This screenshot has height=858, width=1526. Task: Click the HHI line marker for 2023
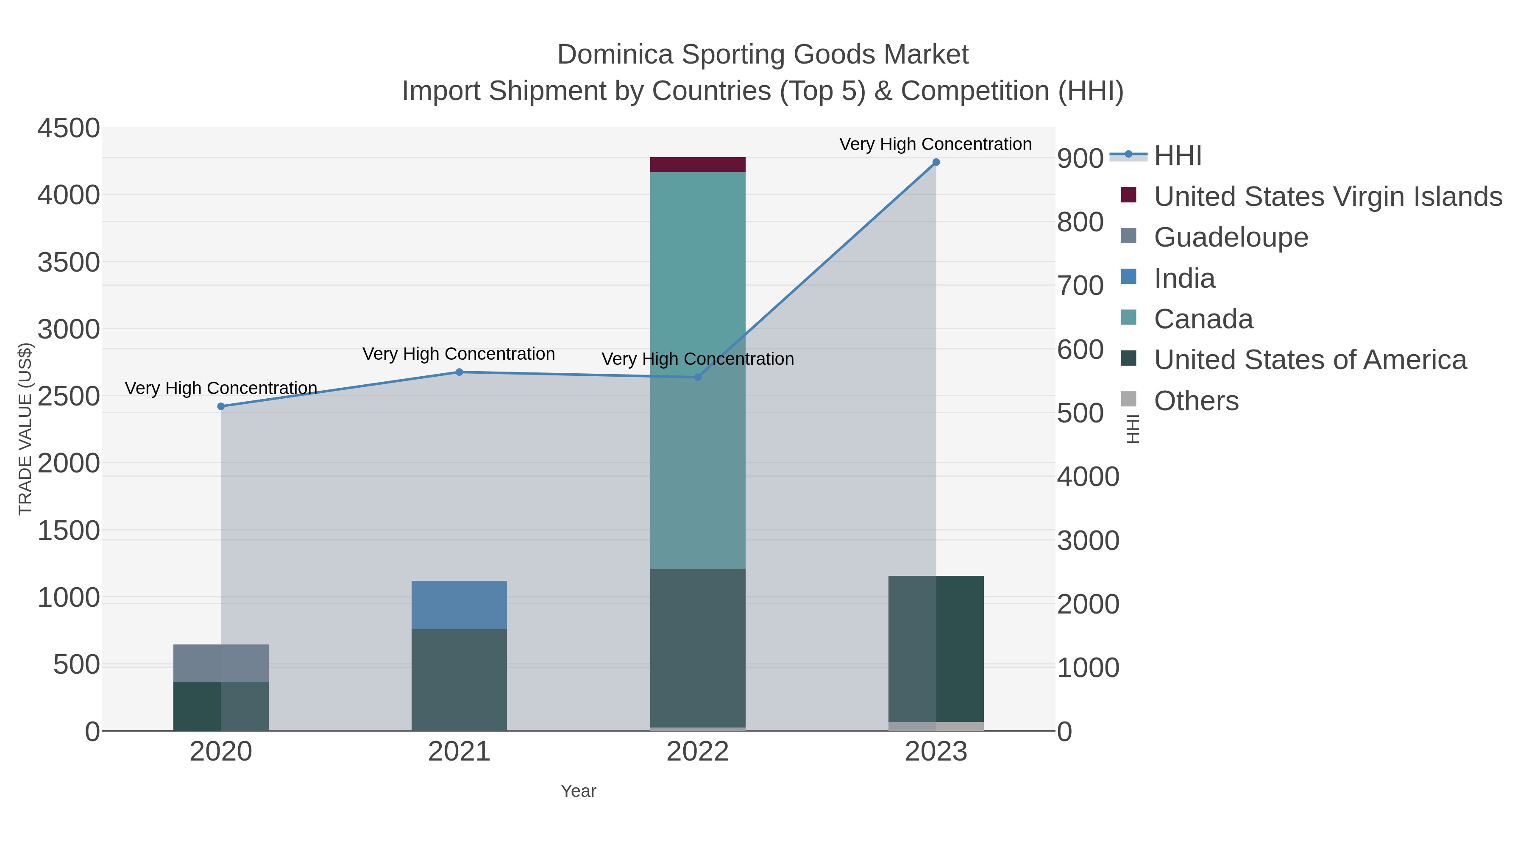point(936,162)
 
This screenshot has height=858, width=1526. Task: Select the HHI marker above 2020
point(221,406)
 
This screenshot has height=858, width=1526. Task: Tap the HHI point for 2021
point(459,372)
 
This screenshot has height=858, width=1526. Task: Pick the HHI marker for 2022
point(697,377)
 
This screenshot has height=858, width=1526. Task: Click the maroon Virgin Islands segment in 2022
point(697,165)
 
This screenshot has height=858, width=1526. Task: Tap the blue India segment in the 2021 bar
point(459,605)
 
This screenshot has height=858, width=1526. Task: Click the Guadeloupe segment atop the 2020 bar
point(221,663)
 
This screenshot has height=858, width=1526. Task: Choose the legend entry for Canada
point(1203,319)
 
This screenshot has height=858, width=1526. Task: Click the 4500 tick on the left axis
point(69,128)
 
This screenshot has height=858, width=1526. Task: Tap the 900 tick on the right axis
point(1080,159)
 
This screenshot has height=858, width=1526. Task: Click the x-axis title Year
point(578,791)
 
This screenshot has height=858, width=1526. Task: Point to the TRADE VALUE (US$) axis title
point(25,429)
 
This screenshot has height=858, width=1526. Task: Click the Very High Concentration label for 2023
point(936,144)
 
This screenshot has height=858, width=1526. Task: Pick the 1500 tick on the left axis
point(69,530)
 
